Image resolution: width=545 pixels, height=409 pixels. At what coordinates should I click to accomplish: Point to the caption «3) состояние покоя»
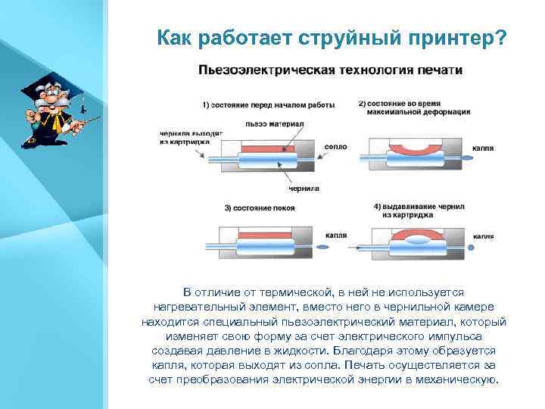(x=260, y=208)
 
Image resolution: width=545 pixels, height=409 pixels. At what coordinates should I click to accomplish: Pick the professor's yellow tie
(x=51, y=120)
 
